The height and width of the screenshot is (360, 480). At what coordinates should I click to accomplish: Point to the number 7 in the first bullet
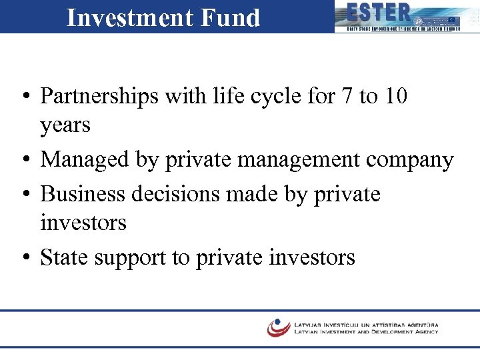(x=345, y=96)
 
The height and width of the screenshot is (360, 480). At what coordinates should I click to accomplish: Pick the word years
(x=65, y=125)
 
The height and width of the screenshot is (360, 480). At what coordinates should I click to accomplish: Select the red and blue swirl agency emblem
(x=278, y=327)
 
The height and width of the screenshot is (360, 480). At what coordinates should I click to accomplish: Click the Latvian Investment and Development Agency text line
(x=366, y=331)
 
